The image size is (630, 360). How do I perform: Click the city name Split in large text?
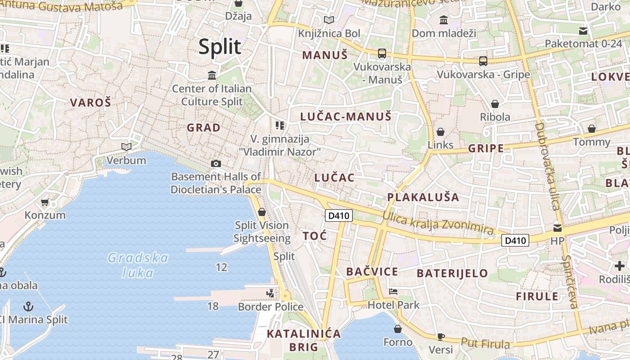coord(220,46)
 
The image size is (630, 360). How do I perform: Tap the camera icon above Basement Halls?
coord(216,163)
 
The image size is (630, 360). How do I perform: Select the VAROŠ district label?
coord(90,102)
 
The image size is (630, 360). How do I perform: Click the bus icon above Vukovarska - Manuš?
coord(382,54)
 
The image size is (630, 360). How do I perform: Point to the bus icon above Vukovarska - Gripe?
coord(483,61)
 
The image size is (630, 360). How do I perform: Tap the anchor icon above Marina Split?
coord(28,306)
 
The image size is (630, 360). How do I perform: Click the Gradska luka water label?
coord(138,265)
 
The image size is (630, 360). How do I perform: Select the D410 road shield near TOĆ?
coord(338,216)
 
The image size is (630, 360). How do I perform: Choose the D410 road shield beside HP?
coord(515,240)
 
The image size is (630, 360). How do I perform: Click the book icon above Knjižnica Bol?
coord(329,20)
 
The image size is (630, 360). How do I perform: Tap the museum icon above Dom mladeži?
coord(444,20)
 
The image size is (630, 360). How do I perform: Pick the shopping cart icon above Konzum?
coord(45,202)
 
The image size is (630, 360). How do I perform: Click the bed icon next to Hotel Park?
coord(393,292)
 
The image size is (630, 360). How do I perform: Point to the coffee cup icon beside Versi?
coord(441,337)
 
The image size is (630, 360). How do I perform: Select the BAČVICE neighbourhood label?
coord(372,271)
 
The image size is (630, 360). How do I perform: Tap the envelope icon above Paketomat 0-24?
coord(583,31)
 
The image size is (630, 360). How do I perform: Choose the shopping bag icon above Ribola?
coord(495,104)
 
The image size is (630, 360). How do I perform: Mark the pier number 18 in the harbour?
coord(213,306)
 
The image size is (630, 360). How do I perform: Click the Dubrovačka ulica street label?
coord(547,166)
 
